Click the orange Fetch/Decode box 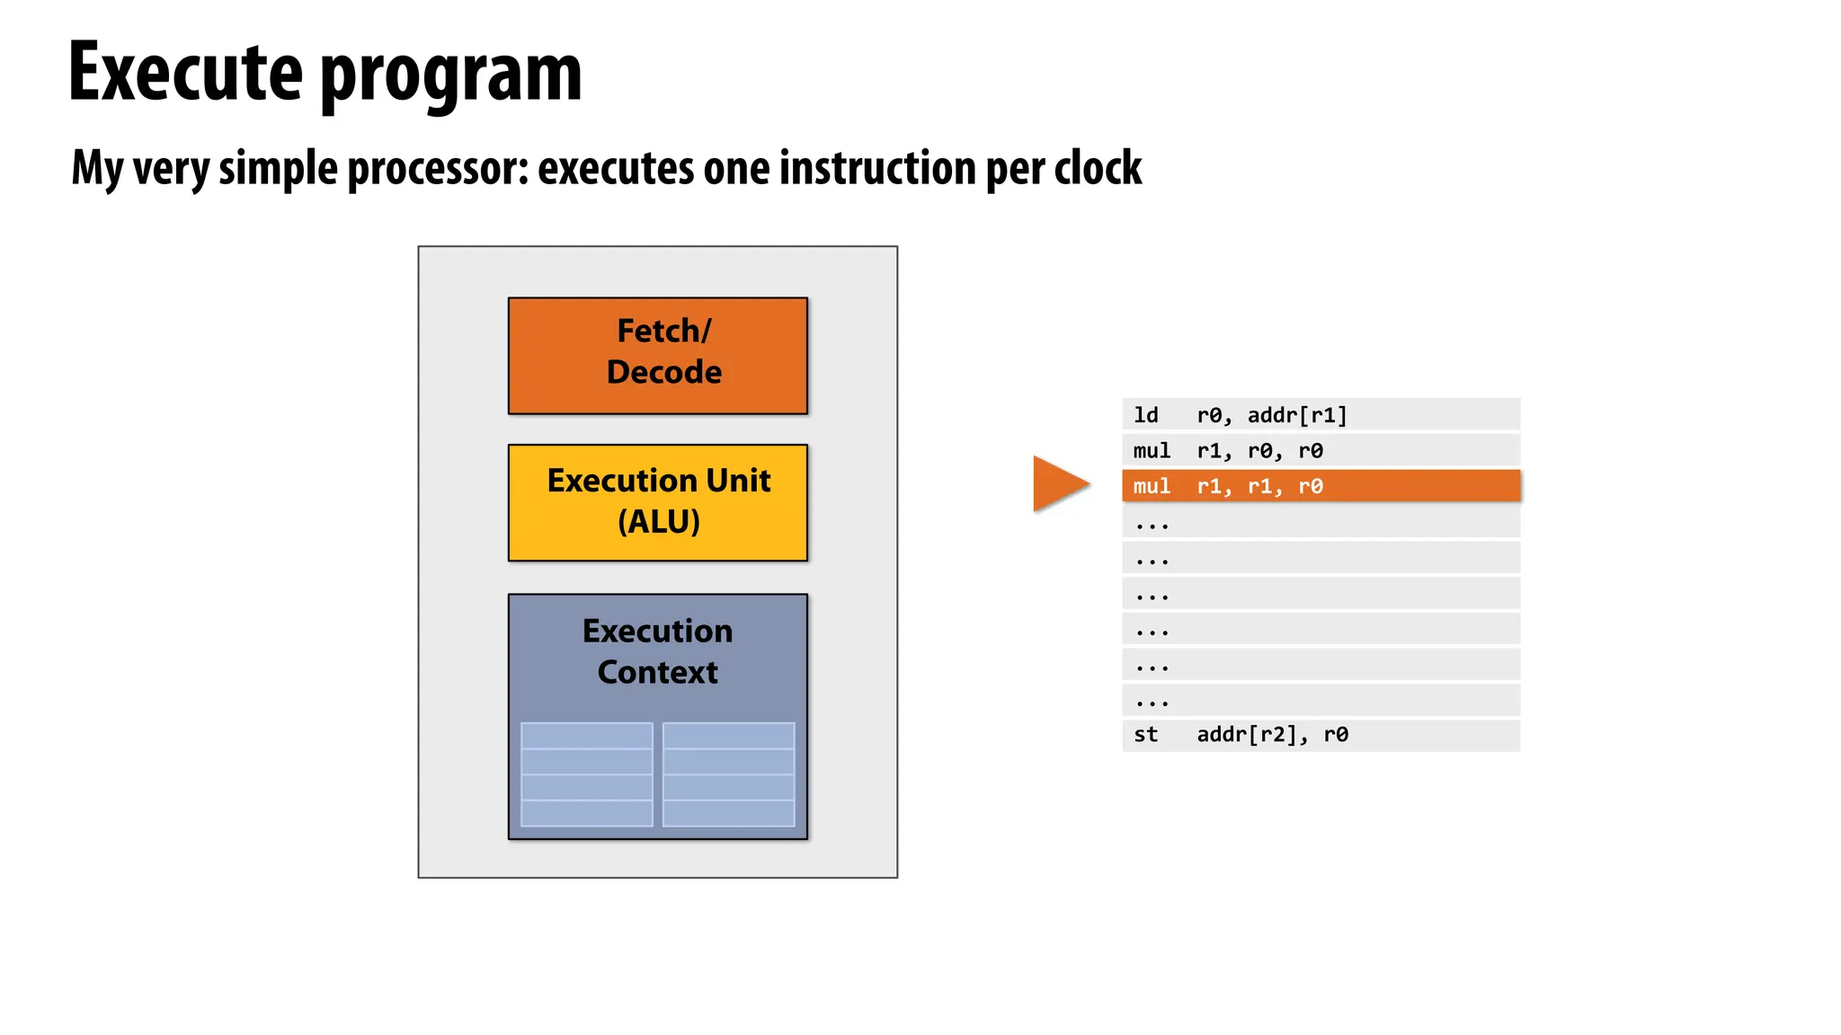tap(657, 355)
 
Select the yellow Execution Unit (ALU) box tap(657, 502)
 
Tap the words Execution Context tap(657, 651)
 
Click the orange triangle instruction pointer tap(1057, 483)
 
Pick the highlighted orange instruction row tap(1320, 486)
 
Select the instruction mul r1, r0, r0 tap(1227, 450)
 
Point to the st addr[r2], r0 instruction tap(1240, 735)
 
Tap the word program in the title tap(450, 76)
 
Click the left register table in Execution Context tap(586, 774)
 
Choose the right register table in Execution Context tap(728, 774)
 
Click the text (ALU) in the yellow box tap(658, 522)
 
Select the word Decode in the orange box tap(663, 372)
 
